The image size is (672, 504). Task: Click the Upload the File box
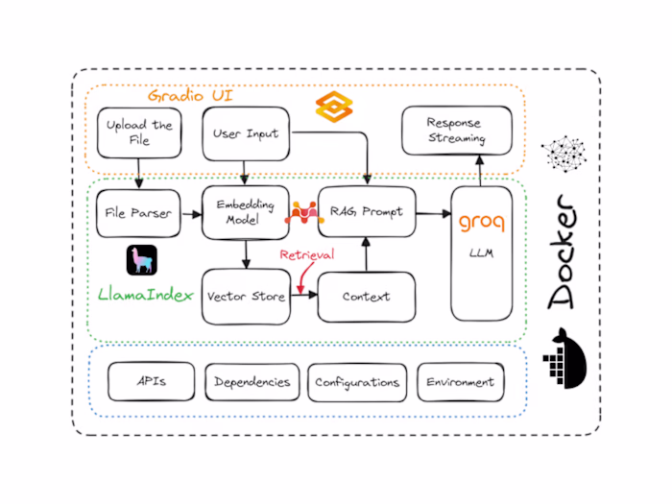[139, 133]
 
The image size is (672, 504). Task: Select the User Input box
[247, 133]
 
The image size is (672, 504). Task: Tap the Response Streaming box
[456, 132]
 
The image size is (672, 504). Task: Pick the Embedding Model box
[246, 212]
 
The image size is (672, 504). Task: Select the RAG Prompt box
[367, 212]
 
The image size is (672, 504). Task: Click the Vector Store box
[247, 296]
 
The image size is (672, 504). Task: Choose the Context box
[367, 296]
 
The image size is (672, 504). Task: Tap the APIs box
[152, 382]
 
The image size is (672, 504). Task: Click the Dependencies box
[252, 382]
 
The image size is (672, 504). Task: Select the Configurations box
[357, 382]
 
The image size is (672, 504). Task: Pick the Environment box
[460, 382]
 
